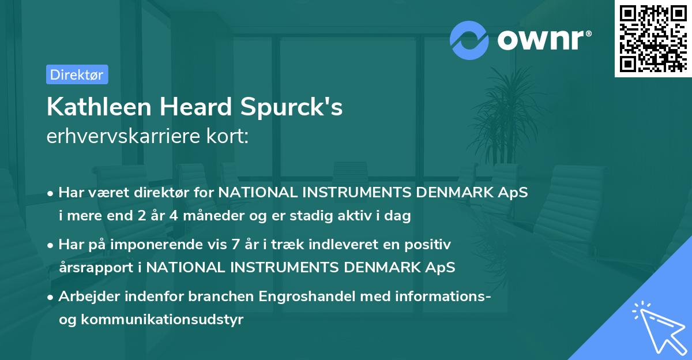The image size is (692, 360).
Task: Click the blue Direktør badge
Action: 77,74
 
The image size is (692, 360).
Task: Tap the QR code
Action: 652,38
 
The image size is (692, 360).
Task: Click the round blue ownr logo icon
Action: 469,40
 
